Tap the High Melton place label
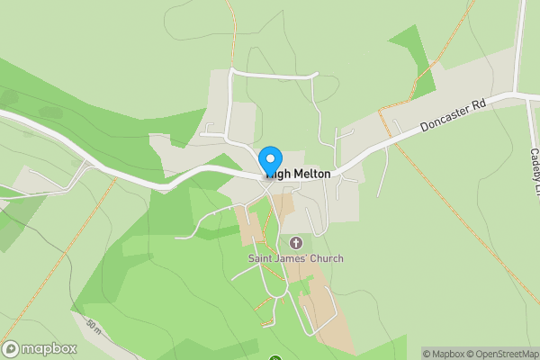(299, 174)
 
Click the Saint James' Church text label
(296, 258)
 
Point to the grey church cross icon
(296, 243)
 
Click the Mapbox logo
(40, 348)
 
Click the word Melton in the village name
(310, 174)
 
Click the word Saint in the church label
(262, 258)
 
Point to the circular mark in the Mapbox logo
(11, 348)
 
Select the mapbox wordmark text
(49, 348)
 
